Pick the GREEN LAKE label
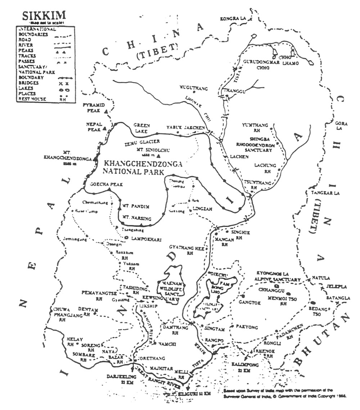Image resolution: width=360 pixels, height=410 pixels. pos(141,128)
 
